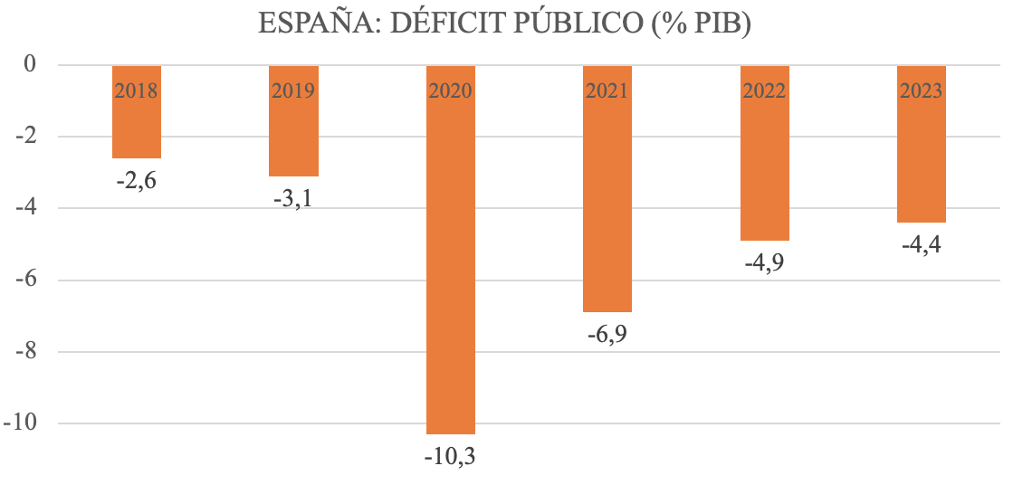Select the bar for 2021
(x=607, y=199)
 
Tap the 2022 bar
(x=765, y=163)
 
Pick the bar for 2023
(x=922, y=154)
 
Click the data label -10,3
(x=450, y=456)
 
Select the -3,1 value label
(x=294, y=197)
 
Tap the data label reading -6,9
(x=607, y=334)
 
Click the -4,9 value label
(x=765, y=262)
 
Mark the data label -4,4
(x=922, y=244)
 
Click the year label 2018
(x=137, y=91)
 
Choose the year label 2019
(x=294, y=91)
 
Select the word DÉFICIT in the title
(x=440, y=24)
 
